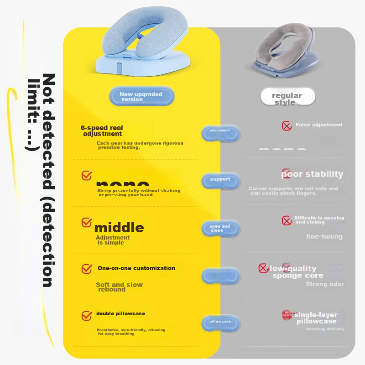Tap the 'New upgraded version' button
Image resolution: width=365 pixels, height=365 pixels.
point(141,97)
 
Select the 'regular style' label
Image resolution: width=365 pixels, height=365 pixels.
point(287,98)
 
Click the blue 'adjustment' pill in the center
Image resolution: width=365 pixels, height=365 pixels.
point(220,131)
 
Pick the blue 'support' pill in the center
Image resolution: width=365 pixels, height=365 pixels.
point(220,180)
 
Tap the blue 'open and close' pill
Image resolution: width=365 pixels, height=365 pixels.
point(220,228)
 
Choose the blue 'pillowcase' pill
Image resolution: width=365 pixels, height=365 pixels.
point(220,322)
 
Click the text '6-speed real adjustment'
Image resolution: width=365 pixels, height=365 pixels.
point(102,131)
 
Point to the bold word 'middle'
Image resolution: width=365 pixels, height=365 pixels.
point(119,227)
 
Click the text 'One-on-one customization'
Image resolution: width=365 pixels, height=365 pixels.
point(136,268)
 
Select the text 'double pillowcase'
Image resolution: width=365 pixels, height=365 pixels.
point(120,314)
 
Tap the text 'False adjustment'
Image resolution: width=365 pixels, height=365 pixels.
point(319,125)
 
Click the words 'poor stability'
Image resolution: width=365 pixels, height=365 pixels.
point(312,174)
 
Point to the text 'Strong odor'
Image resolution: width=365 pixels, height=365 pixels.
point(325,284)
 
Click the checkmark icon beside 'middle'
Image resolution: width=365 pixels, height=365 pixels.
point(87,223)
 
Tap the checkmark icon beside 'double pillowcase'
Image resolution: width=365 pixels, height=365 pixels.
point(87,315)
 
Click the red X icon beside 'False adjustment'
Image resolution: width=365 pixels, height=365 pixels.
point(287,126)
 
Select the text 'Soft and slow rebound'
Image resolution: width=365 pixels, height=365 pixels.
point(119,287)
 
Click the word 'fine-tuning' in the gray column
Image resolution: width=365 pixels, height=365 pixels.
point(324,236)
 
